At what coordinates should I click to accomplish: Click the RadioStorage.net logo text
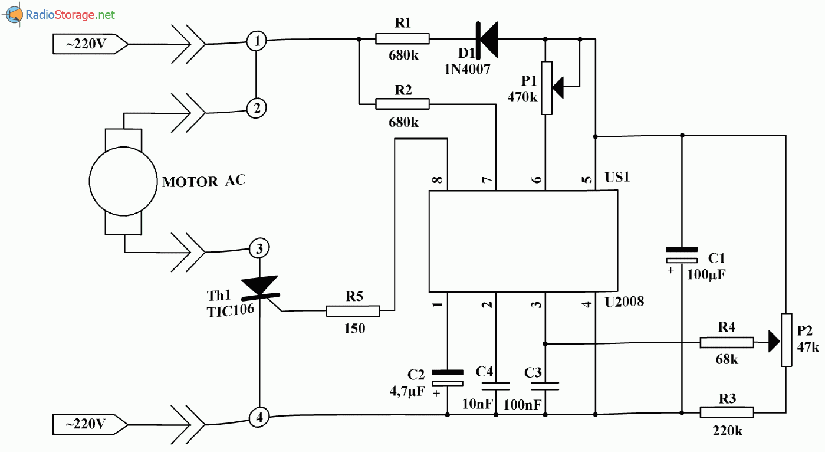tap(70, 15)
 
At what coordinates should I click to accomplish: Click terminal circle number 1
tap(257, 41)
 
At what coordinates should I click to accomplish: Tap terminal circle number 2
tap(257, 108)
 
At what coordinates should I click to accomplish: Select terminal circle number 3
tap(259, 248)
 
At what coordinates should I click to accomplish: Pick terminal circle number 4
tap(259, 418)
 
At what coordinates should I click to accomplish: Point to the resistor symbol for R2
tap(403, 104)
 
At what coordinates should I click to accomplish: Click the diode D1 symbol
tap(487, 40)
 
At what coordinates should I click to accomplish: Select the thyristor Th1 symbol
tap(259, 287)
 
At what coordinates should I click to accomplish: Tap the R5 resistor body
tap(353, 310)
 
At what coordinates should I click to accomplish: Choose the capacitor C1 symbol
tap(682, 255)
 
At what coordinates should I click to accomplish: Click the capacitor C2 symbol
tap(447, 378)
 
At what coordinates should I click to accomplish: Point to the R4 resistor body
tap(726, 343)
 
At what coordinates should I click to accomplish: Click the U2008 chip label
tap(624, 302)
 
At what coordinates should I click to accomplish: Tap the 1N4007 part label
tap(468, 69)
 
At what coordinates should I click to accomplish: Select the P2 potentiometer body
tap(787, 340)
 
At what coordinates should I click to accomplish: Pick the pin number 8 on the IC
tap(437, 180)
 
